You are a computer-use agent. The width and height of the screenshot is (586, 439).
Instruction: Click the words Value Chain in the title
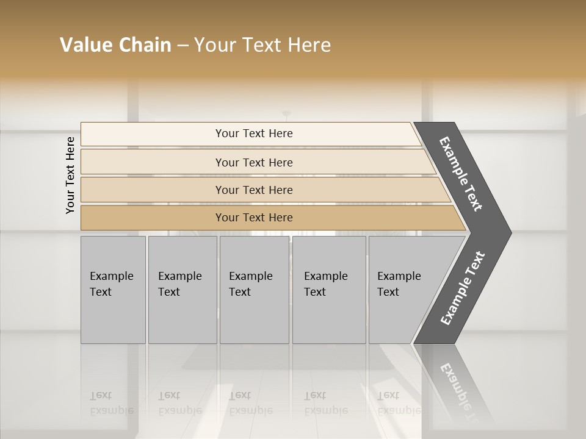(115, 45)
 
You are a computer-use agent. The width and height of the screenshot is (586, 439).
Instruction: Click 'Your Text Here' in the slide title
(262, 45)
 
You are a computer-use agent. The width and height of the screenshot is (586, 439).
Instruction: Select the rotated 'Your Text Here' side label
(70, 175)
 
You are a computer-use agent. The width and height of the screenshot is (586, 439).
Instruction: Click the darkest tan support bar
(153, 218)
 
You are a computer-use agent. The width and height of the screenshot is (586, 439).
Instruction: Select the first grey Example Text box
(113, 290)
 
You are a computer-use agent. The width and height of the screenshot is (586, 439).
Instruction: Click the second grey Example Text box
(183, 290)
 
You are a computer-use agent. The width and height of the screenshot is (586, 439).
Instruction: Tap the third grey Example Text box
(254, 290)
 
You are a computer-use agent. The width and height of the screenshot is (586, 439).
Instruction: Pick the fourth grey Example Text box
(329, 290)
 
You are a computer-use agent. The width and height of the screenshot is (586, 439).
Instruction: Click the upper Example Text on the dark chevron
(461, 174)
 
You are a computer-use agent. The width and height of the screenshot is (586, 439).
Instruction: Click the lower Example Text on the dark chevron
(463, 288)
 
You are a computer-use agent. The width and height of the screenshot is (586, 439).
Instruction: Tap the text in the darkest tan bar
(254, 218)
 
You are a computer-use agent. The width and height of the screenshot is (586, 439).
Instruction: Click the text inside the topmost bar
(254, 134)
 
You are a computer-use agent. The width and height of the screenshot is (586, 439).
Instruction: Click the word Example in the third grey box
(250, 276)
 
